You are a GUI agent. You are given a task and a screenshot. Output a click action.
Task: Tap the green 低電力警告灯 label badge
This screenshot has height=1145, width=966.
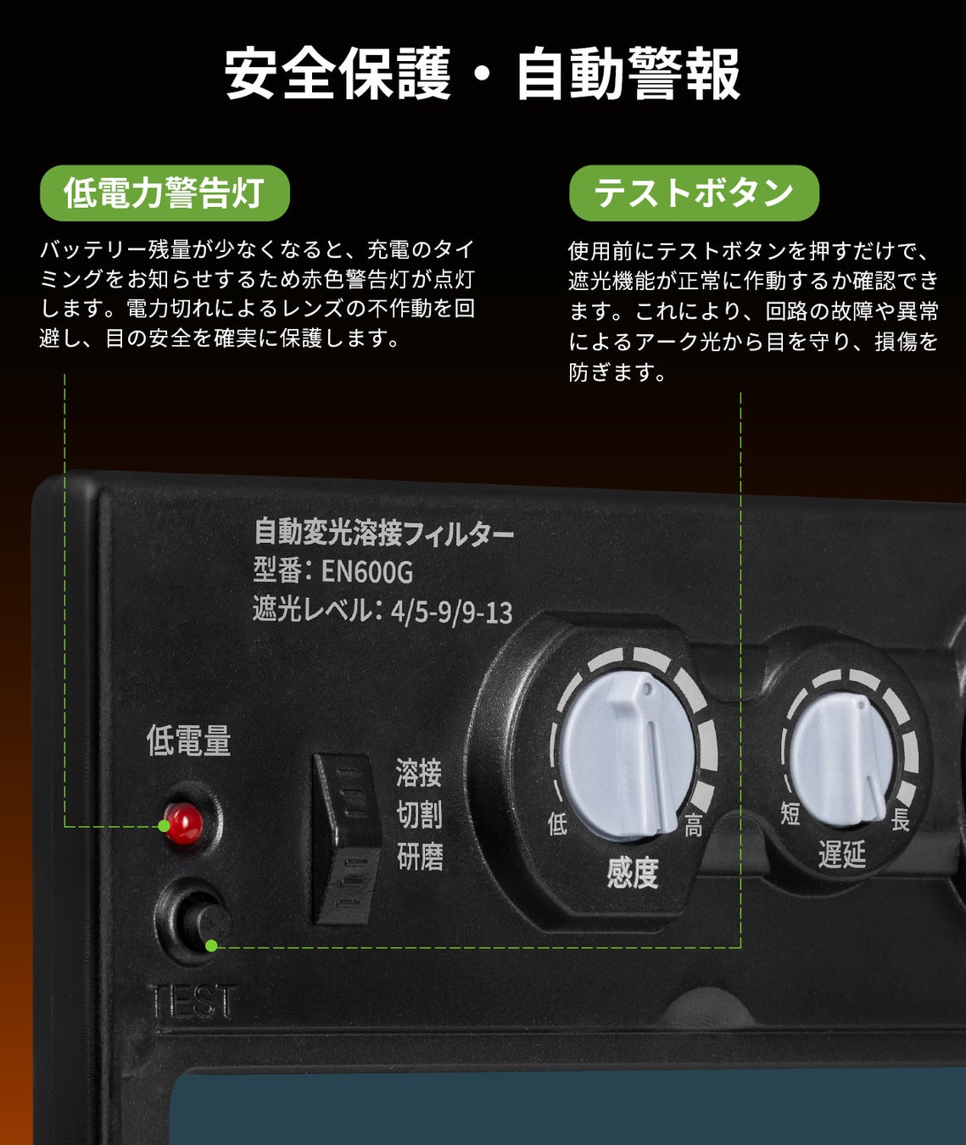[x=165, y=193]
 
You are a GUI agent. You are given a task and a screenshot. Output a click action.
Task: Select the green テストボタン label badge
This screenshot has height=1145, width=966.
[x=694, y=193]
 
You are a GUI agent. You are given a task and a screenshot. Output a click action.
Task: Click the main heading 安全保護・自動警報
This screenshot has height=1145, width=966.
[x=483, y=75]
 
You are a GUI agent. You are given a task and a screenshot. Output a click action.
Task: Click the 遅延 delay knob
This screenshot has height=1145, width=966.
[x=842, y=757]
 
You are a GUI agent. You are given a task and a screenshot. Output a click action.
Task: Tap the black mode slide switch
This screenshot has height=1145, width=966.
[x=347, y=836]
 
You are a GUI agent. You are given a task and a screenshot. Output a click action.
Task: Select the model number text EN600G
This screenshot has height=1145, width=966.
[x=367, y=572]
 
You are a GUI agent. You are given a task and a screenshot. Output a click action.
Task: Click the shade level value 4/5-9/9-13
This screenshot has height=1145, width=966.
[x=452, y=612]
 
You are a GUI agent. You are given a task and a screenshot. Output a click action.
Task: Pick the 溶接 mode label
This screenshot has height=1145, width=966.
[x=419, y=774]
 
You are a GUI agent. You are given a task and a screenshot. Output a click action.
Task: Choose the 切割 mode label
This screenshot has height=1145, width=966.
[x=419, y=815]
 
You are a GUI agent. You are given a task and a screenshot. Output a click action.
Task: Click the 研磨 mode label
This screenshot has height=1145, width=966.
[x=420, y=857]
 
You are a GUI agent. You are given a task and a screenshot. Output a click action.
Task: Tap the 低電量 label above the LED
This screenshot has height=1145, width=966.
[x=188, y=740]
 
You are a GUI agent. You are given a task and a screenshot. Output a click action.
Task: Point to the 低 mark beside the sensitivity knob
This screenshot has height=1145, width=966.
[x=557, y=824]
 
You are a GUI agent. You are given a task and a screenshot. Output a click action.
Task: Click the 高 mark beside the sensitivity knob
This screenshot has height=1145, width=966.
[x=694, y=826]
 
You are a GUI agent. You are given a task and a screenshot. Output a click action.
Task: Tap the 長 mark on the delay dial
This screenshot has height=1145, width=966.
[x=900, y=820]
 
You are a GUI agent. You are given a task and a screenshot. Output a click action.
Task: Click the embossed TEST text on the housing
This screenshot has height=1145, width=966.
[x=193, y=1003]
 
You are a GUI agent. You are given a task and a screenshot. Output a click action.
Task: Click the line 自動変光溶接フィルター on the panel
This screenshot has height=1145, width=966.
[x=384, y=533]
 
